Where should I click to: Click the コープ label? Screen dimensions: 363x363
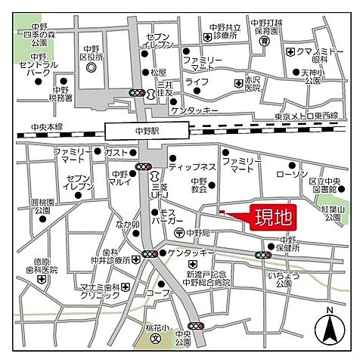[x=178, y=291]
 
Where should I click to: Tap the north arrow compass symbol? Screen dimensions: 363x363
[x=329, y=327]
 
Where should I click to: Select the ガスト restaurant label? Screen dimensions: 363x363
[x=117, y=152]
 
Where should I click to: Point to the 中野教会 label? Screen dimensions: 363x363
[x=199, y=185]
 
